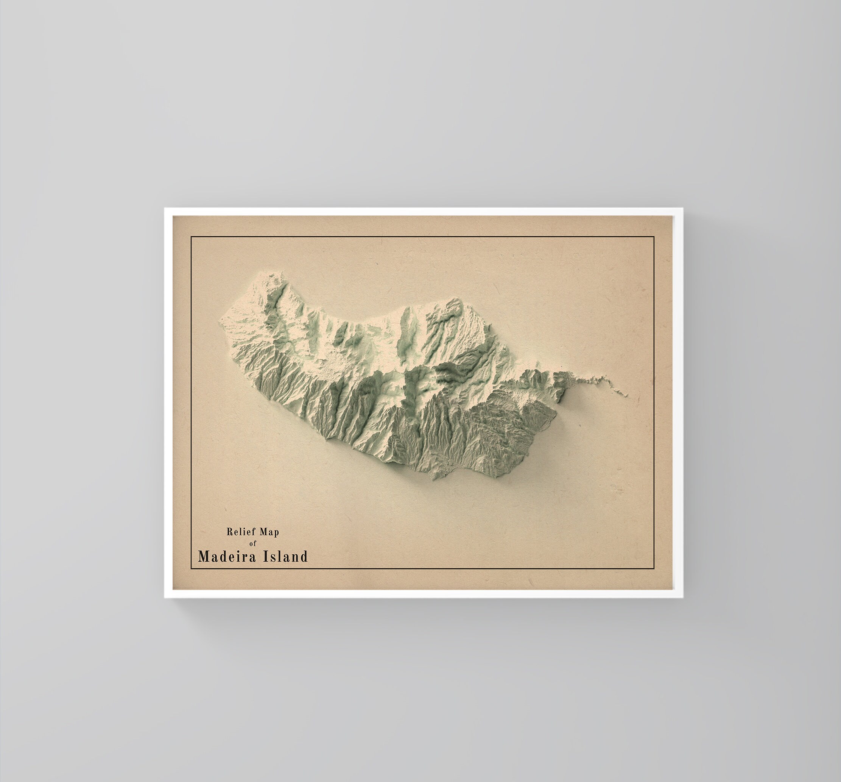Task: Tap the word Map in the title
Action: [269, 532]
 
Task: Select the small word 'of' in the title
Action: [253, 543]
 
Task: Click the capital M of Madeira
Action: [204, 556]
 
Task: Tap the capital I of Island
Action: [266, 556]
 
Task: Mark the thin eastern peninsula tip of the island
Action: [626, 395]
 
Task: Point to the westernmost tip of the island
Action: [220, 323]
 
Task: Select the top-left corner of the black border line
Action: [191, 237]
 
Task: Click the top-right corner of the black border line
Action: [654, 237]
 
